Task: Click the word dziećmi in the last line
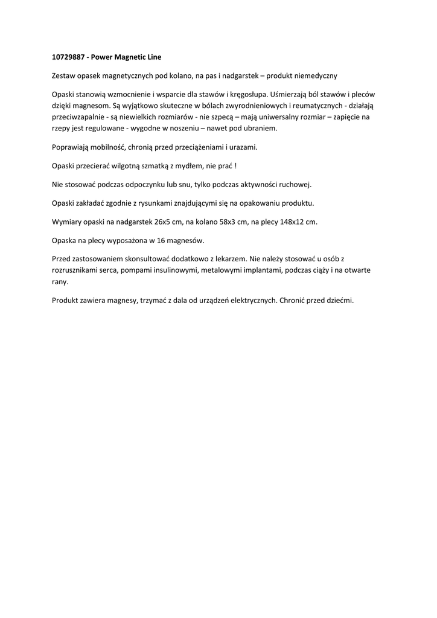339,300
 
